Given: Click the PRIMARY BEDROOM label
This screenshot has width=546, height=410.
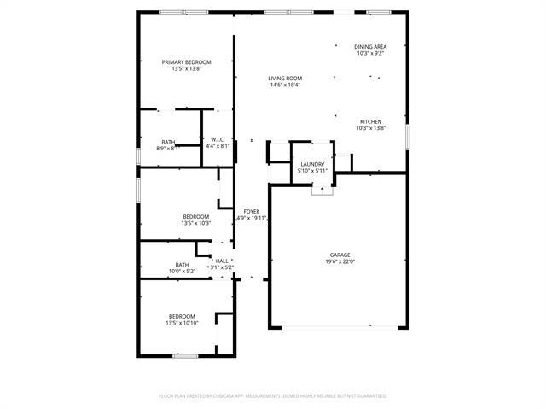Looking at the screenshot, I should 187,62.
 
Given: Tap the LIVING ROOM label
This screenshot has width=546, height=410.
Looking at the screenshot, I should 286,78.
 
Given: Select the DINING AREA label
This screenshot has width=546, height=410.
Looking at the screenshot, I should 370,46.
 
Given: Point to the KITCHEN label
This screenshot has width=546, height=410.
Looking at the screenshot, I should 370,121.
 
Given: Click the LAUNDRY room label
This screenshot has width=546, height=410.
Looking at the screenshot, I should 312,164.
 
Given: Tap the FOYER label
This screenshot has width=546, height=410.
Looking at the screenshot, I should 251,211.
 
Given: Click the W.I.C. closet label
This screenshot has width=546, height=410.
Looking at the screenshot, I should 218,140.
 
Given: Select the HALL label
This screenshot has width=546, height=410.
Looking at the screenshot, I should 222,261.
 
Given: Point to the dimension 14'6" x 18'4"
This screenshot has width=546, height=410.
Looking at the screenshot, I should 286,85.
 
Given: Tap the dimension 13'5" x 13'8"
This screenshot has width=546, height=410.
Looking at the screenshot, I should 187,69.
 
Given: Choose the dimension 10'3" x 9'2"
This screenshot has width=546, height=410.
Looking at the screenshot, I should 370,53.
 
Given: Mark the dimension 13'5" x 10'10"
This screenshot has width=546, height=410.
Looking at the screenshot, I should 182,323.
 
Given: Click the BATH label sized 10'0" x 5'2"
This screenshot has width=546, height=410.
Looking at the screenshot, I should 182,265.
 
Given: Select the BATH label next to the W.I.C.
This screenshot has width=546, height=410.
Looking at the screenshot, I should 168,142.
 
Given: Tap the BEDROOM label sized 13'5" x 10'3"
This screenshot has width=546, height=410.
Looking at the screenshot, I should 196,217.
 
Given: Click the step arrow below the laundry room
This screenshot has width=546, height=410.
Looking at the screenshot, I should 322,190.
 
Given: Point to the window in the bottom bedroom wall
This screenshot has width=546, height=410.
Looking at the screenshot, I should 185,355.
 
